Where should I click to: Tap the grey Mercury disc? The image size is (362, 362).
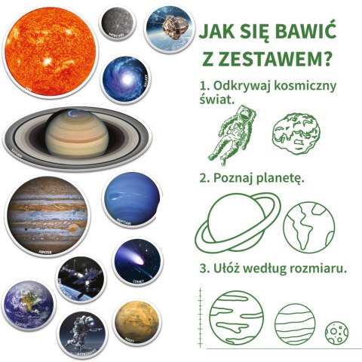pos(118,23)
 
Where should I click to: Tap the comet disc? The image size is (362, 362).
pos(137,263)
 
